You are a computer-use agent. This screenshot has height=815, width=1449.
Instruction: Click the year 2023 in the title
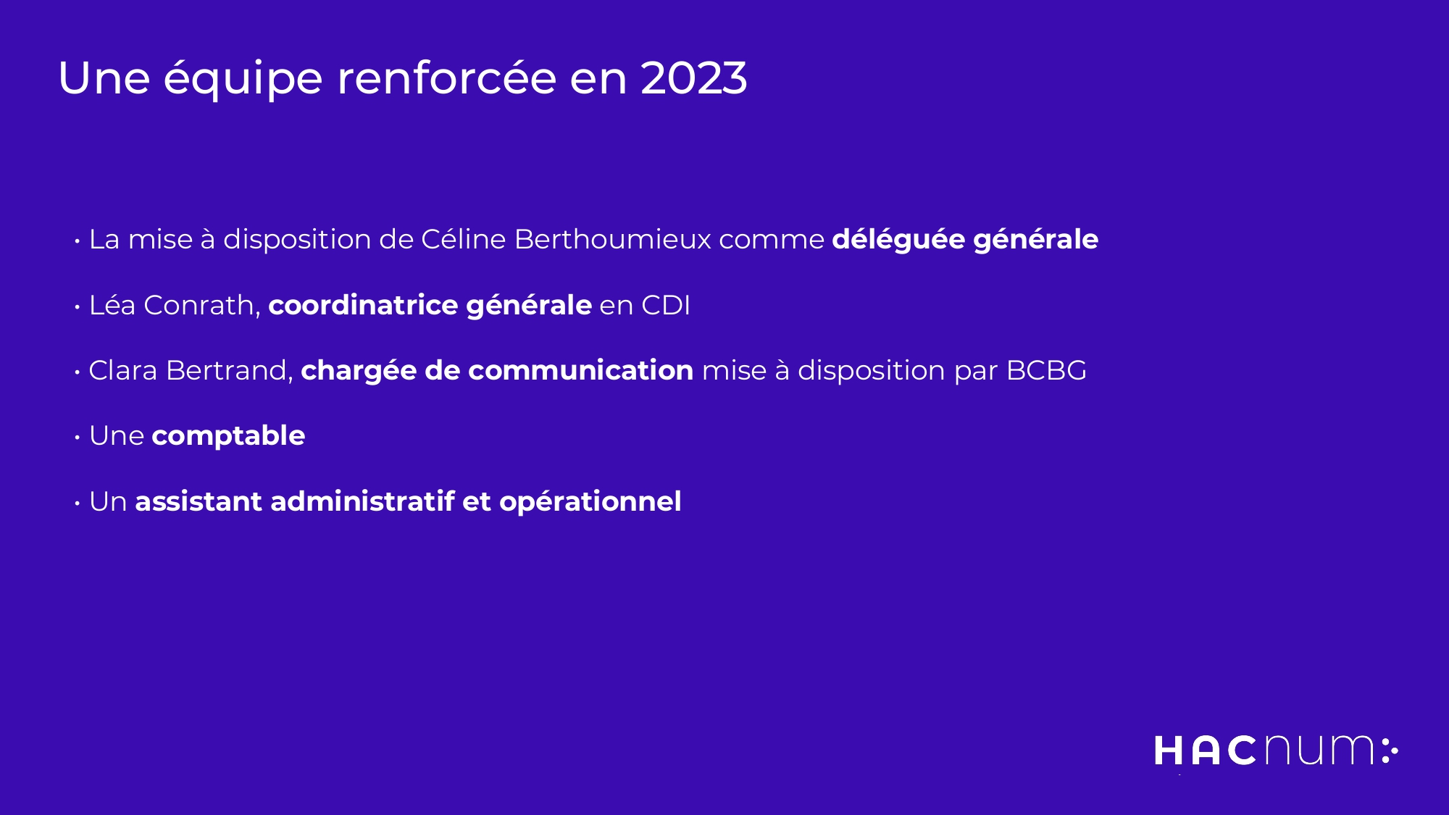(694, 78)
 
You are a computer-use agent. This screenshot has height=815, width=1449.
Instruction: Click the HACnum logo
(1277, 750)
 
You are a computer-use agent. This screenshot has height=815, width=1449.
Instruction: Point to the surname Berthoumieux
(613, 239)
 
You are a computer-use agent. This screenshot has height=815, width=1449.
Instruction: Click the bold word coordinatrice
(363, 305)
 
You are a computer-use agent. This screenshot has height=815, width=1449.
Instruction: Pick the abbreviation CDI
(666, 305)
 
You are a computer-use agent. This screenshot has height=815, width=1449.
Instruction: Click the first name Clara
(122, 370)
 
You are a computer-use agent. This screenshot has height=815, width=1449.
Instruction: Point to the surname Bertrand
(227, 370)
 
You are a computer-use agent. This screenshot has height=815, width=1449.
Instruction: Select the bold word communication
(581, 370)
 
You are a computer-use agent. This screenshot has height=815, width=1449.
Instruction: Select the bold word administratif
(362, 501)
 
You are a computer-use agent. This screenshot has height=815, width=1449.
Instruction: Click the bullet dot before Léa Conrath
(77, 307)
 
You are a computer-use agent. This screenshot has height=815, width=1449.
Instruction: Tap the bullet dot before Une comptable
(77, 438)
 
